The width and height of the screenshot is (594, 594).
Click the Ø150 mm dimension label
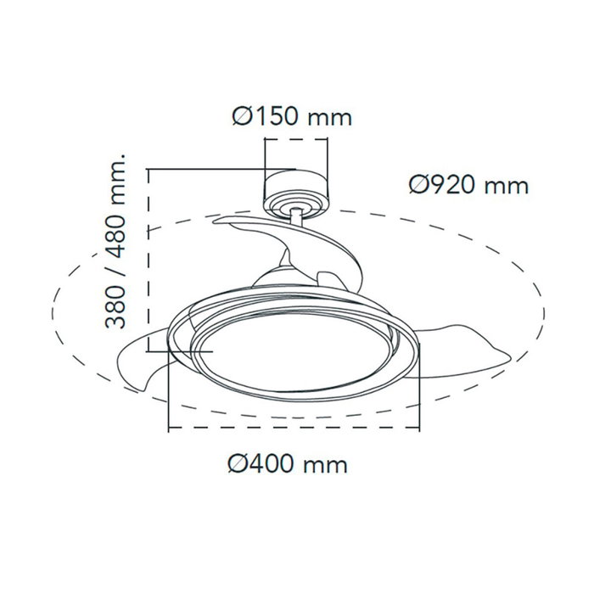291,115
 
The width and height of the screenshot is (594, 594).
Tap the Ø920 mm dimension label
468,184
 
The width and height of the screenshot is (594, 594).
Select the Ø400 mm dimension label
289,464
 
